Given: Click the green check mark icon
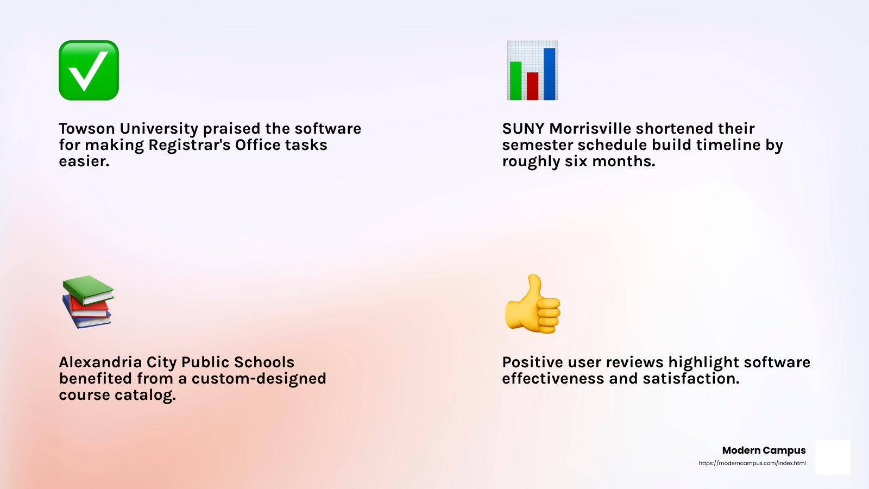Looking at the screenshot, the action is tap(89, 70).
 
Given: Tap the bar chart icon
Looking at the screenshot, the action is tap(532, 70).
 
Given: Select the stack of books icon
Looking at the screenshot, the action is tap(88, 302).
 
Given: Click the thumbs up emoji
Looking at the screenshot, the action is tap(532, 304).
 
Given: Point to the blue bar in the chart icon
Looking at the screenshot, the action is tap(549, 74).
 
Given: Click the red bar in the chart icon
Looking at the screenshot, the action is tap(532, 86).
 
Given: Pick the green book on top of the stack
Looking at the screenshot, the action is tap(89, 290).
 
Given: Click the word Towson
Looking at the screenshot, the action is tap(87, 128).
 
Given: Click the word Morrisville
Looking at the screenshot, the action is tap(590, 128).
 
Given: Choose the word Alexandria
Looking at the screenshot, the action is tap(100, 362).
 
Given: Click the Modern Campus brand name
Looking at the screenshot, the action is tap(764, 450).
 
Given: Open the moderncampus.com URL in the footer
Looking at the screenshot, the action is tap(752, 463).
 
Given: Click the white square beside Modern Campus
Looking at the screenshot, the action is tap(833, 457).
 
